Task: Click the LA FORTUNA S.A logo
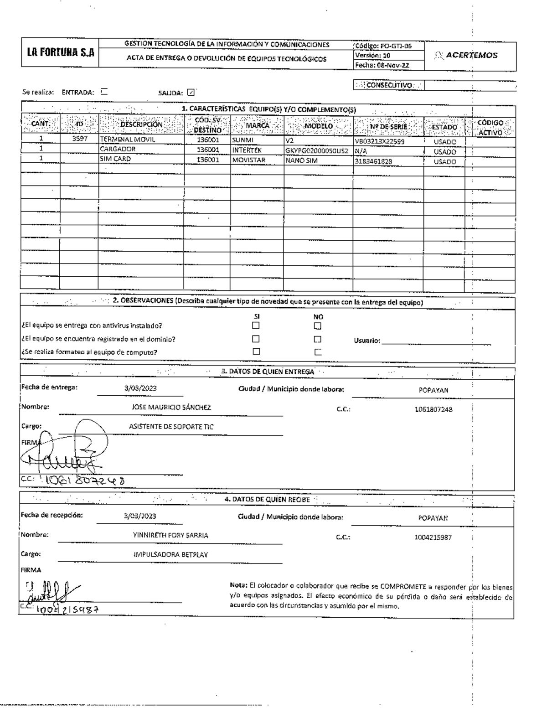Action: [x=60, y=53]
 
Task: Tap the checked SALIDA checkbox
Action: [x=191, y=92]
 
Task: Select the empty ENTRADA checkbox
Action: [x=104, y=91]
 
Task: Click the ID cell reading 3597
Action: [x=80, y=140]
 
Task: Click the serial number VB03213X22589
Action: [x=379, y=141]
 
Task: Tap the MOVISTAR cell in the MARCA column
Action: [x=248, y=160]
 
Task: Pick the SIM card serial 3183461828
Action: [x=373, y=161]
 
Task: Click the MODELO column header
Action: [x=319, y=126]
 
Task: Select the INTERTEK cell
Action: [x=247, y=150]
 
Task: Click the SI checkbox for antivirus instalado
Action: [x=256, y=326]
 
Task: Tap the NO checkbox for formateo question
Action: [x=318, y=352]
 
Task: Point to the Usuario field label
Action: [x=367, y=341]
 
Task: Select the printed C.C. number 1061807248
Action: [x=433, y=409]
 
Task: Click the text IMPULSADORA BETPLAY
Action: [x=169, y=555]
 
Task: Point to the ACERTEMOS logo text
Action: [x=471, y=55]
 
